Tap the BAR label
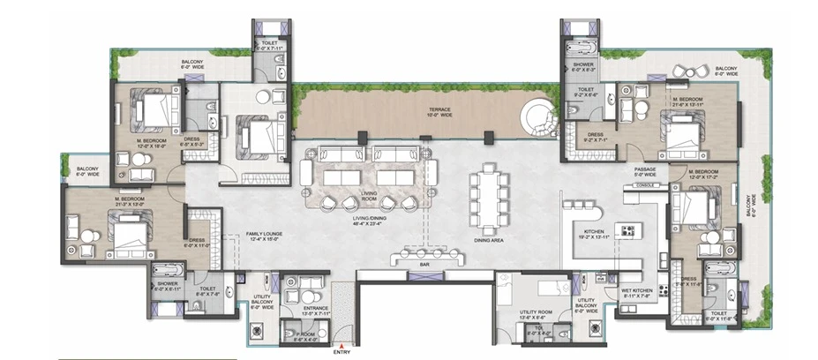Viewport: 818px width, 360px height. click(x=424, y=264)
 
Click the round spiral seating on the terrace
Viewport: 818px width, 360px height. click(x=537, y=116)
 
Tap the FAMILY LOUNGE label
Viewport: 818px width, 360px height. click(x=262, y=236)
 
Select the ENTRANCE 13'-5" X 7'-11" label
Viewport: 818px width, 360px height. click(x=315, y=310)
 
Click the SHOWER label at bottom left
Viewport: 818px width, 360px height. click(x=166, y=286)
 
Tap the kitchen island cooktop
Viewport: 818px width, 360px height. click(x=627, y=231)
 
